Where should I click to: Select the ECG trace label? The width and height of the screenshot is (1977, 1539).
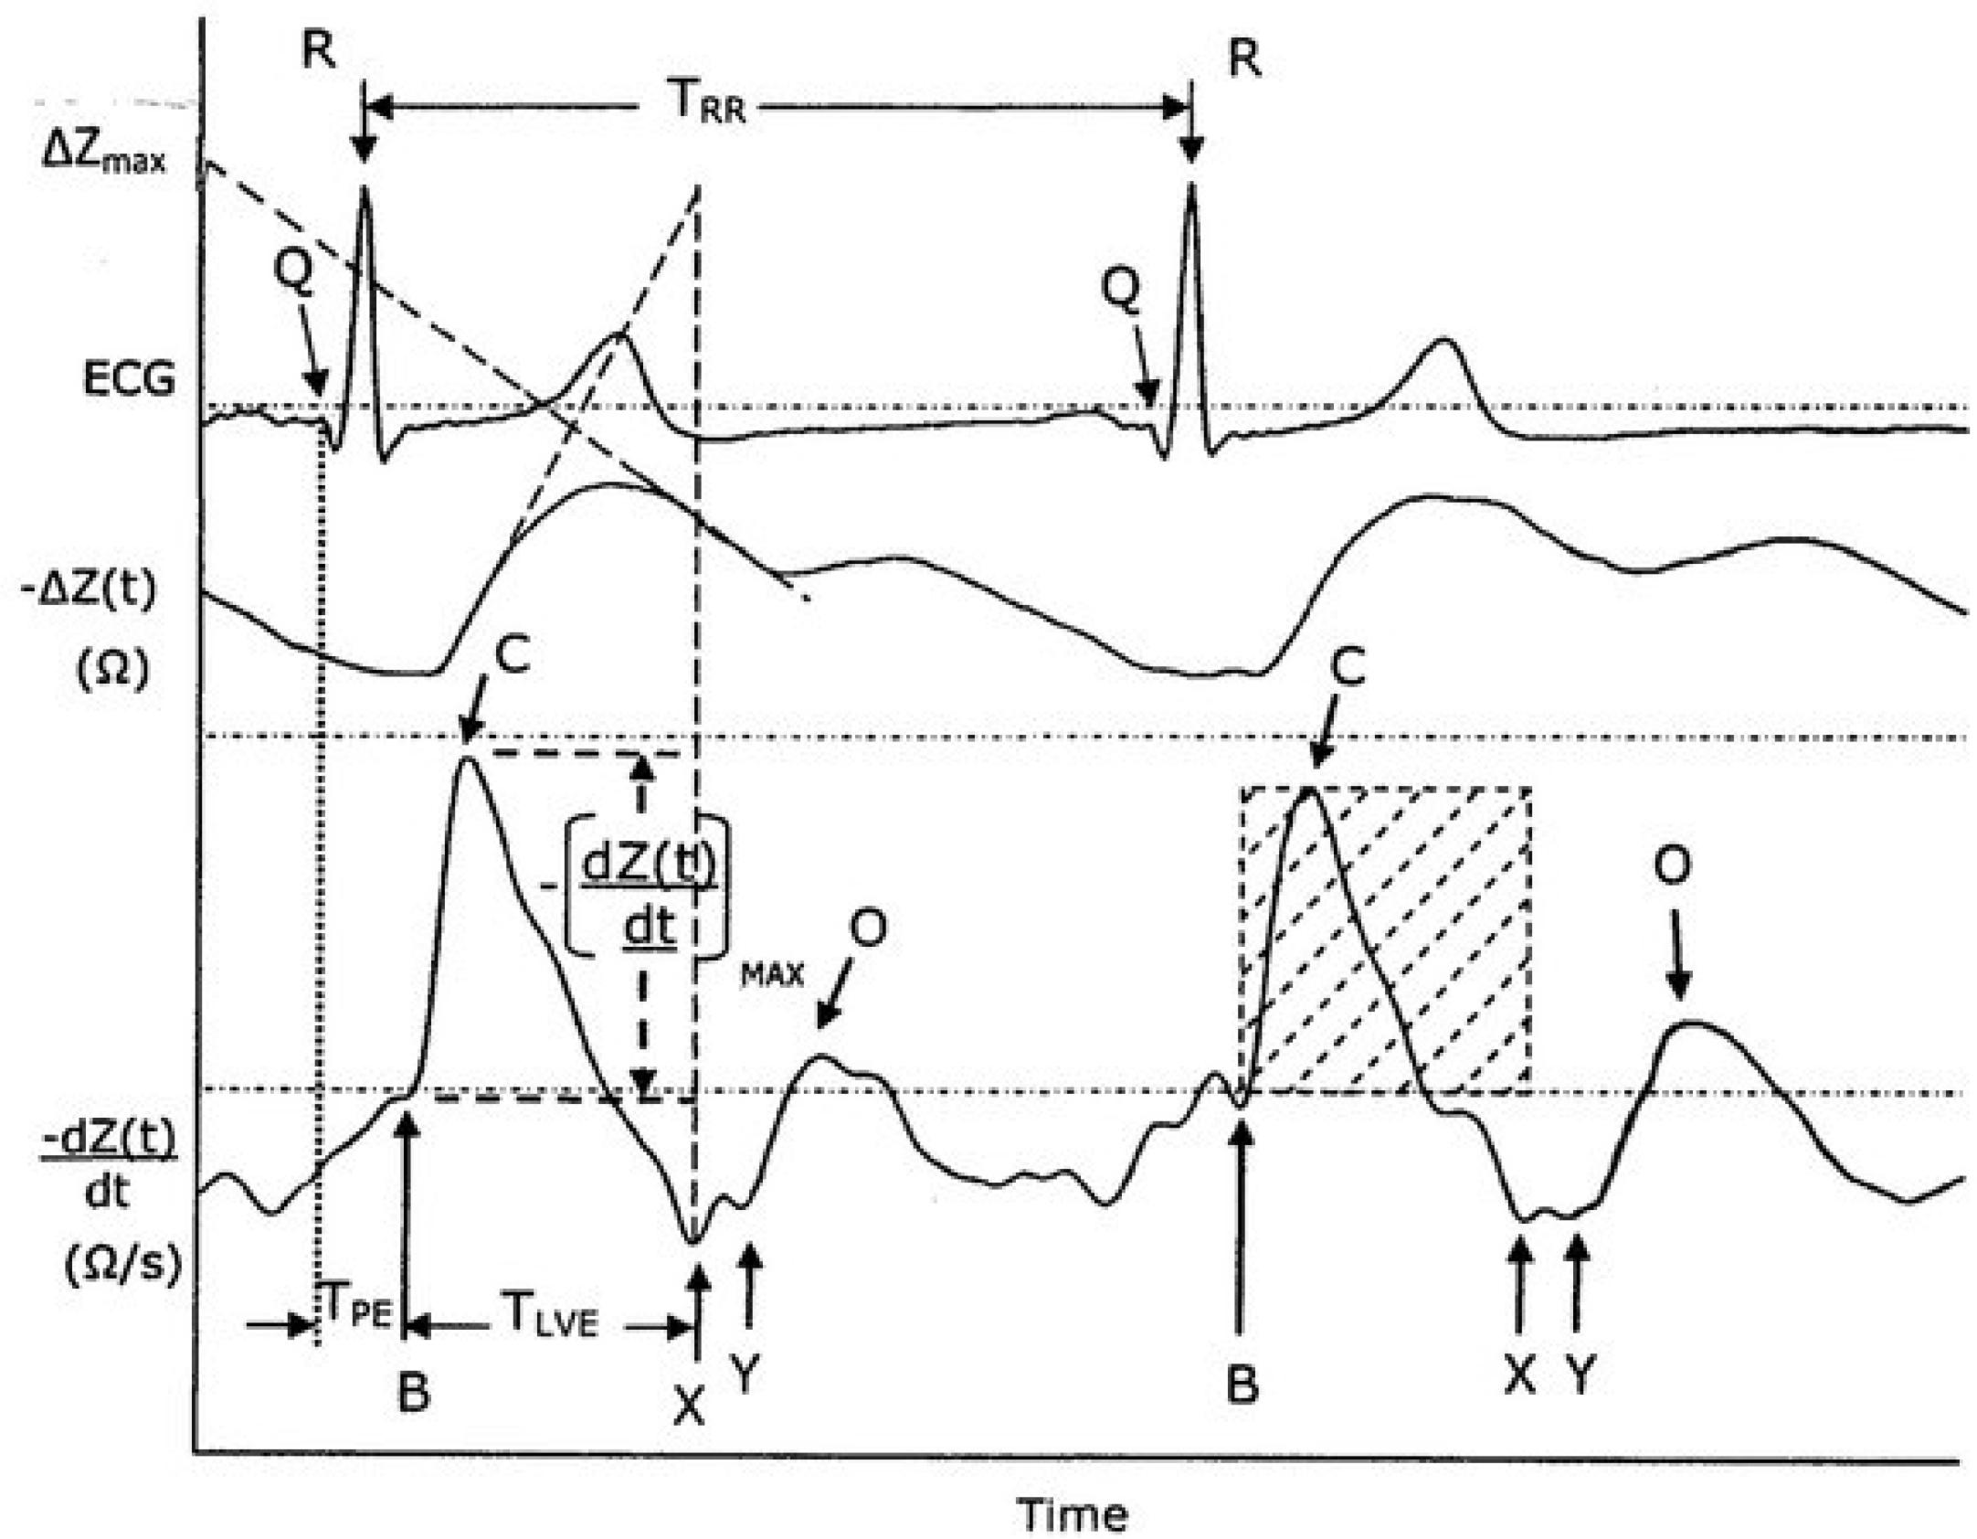coord(129,377)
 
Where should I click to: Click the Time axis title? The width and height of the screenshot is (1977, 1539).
coord(1073,1514)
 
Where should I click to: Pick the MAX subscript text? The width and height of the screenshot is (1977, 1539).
coord(772,975)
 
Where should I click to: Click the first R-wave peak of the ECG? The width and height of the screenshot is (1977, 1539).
coord(365,187)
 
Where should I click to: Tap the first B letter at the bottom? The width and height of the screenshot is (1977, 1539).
coord(414,1393)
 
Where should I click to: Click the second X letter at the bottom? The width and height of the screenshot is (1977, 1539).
coord(1519,1373)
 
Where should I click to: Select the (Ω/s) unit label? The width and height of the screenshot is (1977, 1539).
coord(123,1264)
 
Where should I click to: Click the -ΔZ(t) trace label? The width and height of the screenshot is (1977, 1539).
coord(89,589)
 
